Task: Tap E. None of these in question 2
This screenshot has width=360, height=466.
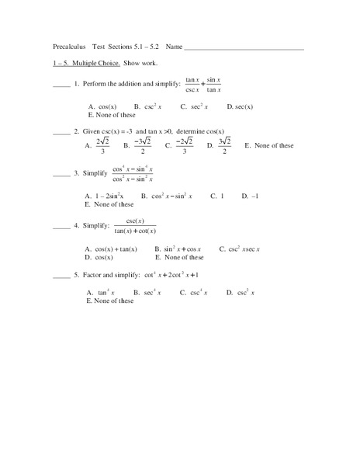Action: click(269, 145)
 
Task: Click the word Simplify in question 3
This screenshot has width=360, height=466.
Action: click(95, 173)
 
